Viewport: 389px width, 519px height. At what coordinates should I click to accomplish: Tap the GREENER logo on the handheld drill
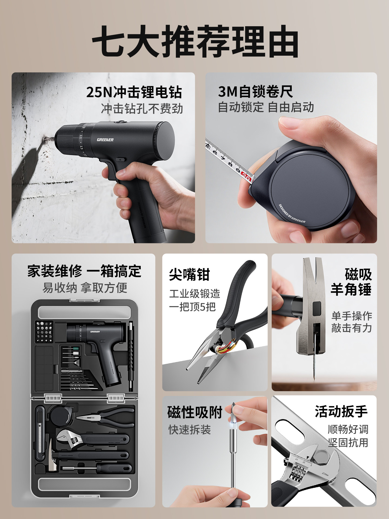(x=105, y=140)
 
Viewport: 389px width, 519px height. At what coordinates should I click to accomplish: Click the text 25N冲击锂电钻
(x=134, y=92)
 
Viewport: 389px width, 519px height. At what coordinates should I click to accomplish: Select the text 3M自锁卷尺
(x=255, y=92)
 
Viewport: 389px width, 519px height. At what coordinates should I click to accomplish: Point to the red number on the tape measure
(x=246, y=175)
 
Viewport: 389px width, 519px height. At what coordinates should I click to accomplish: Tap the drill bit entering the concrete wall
(x=49, y=140)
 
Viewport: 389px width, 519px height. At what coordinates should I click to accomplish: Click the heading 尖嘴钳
(x=189, y=275)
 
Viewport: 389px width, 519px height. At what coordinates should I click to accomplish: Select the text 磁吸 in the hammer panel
(x=358, y=275)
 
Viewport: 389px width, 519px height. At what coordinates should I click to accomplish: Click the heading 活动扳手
(x=341, y=412)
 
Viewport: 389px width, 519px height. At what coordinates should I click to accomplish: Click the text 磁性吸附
(x=195, y=412)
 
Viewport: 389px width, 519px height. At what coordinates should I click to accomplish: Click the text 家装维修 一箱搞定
(x=84, y=271)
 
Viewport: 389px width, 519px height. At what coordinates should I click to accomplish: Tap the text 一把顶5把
(x=192, y=307)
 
